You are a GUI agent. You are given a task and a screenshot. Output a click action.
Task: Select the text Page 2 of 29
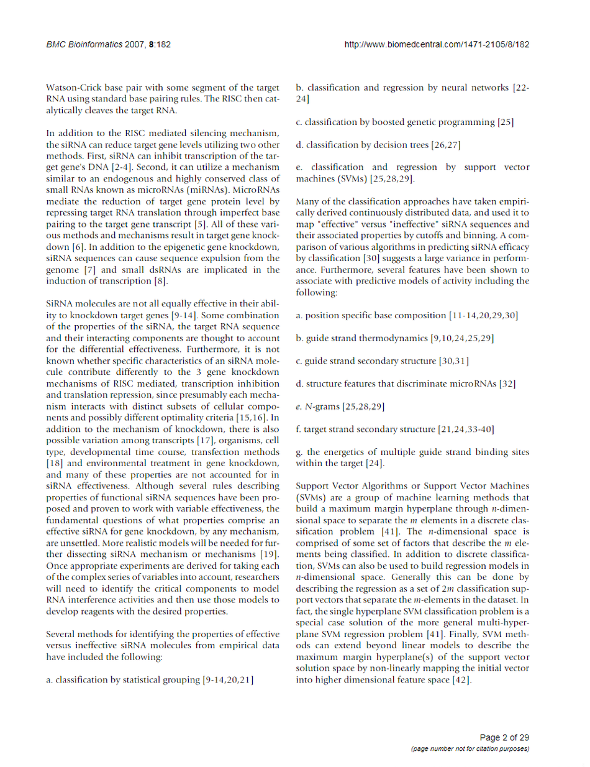click(x=505, y=738)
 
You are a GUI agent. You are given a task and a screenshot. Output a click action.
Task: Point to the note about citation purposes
click(x=470, y=749)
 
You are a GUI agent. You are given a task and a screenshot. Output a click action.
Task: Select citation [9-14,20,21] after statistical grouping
click(x=228, y=681)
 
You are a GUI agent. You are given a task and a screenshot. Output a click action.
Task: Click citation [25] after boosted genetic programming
click(x=506, y=122)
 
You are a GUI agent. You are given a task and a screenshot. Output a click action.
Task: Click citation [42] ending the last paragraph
click(x=460, y=680)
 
